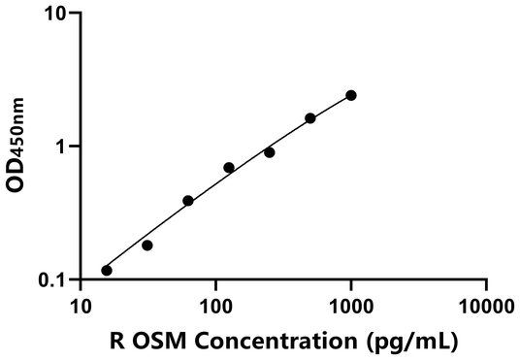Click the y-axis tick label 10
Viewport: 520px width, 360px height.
54,15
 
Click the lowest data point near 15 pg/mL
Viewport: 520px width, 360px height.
107,270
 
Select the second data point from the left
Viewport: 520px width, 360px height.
147,245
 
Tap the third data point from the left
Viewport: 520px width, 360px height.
188,201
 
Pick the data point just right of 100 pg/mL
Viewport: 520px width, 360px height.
229,168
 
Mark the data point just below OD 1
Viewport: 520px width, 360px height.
270,152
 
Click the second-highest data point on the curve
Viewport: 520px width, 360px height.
310,118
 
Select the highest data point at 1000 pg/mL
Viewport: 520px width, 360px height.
351,95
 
